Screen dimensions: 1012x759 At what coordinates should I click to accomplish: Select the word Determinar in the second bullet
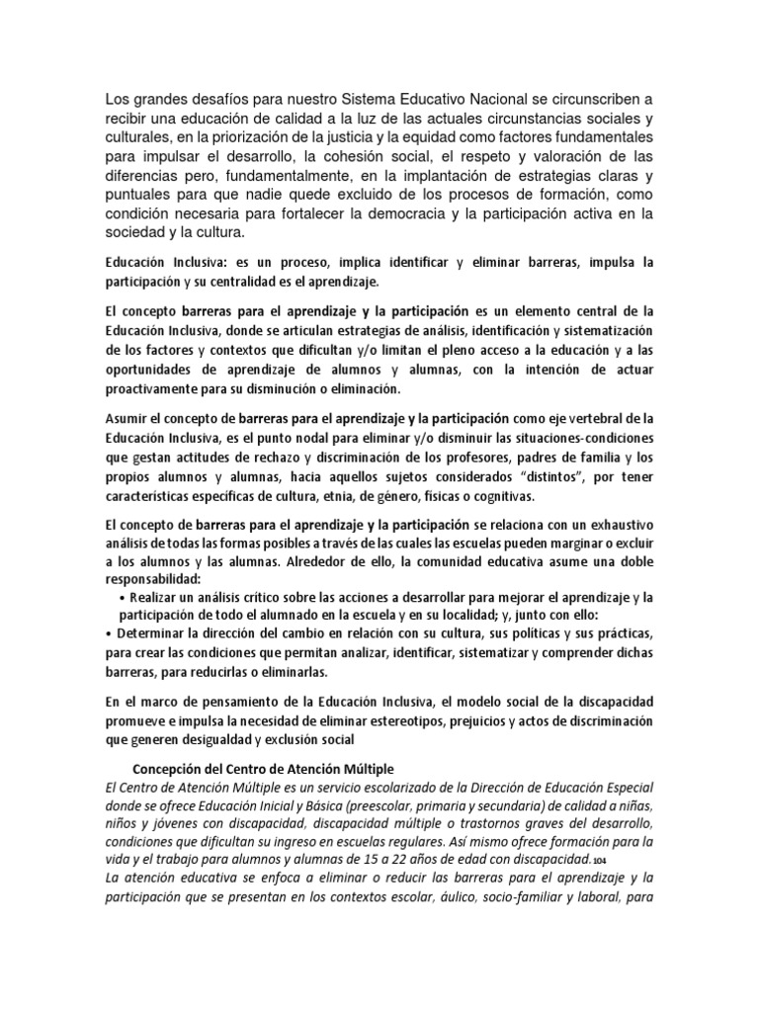[159, 634]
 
